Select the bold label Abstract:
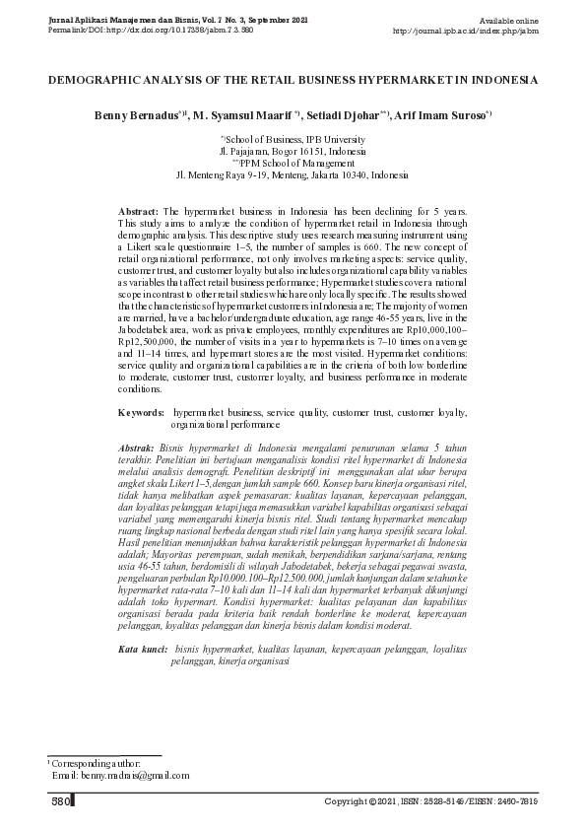tap(138, 212)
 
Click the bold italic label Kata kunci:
tap(142, 650)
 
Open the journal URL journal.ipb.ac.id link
tap(465, 31)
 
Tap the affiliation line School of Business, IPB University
tap(294, 142)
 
